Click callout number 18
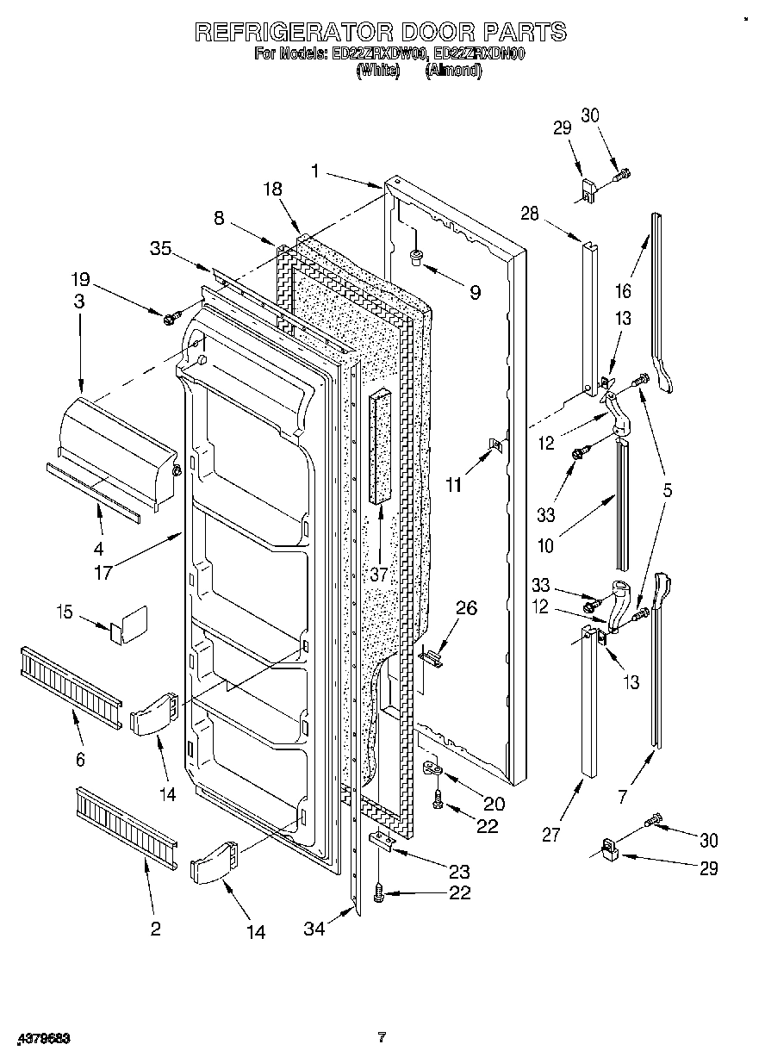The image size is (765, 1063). coord(273,190)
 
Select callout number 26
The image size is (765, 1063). coord(465,609)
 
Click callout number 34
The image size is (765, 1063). coord(317,928)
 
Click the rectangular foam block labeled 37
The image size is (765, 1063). coord(380,448)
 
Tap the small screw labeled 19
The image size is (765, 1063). coord(170,319)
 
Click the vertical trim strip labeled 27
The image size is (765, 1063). coord(588,706)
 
